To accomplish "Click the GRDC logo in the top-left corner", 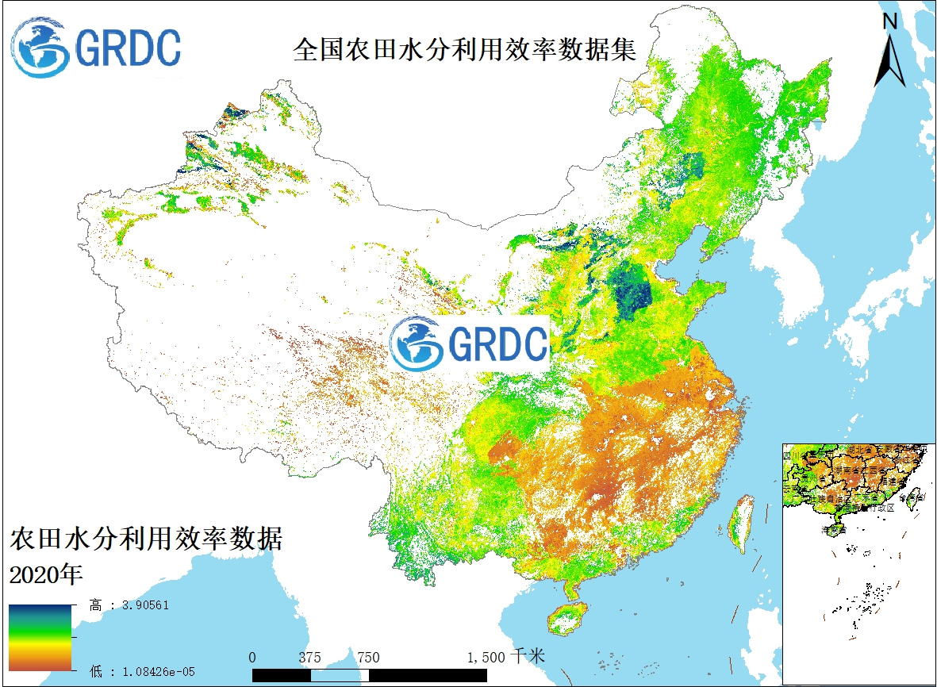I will click(96, 48).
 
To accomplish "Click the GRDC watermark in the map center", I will click(470, 343).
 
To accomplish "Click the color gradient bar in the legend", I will click(40, 638).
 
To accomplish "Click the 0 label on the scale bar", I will click(252, 657).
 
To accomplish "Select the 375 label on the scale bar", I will click(310, 657).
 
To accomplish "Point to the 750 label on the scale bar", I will click(368, 657).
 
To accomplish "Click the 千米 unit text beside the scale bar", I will click(528, 657).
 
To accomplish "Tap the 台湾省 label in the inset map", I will click(913, 497).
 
